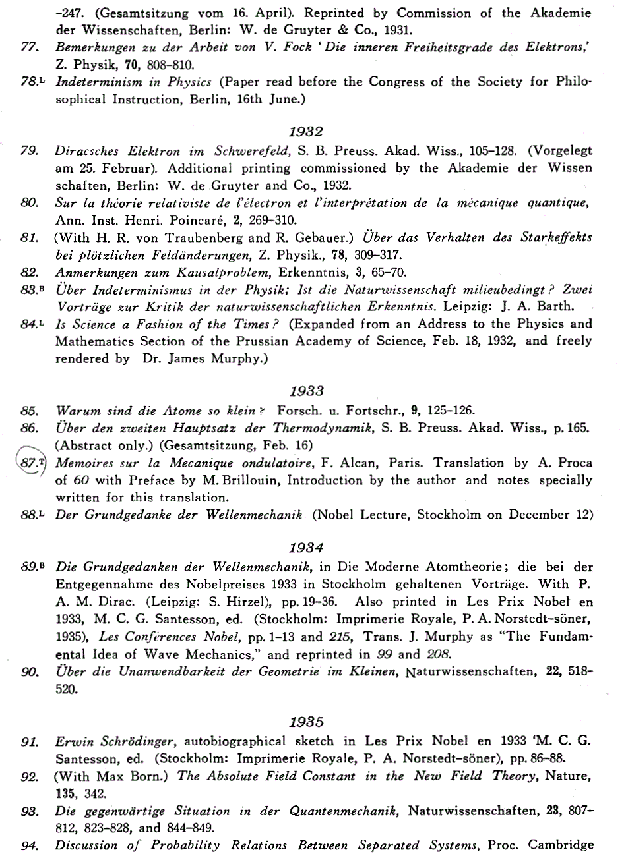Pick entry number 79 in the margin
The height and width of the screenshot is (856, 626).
[x=28, y=151]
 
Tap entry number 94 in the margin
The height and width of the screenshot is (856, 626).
[x=28, y=845]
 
